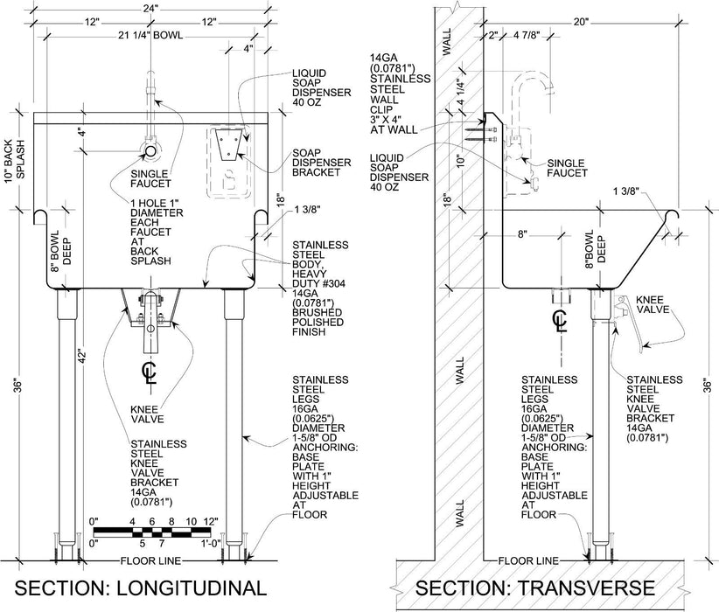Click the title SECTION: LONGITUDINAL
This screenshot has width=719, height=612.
139,586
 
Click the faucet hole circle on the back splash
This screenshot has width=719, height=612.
150,151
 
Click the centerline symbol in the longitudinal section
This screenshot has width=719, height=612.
150,372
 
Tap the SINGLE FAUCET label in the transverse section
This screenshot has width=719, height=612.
569,169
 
